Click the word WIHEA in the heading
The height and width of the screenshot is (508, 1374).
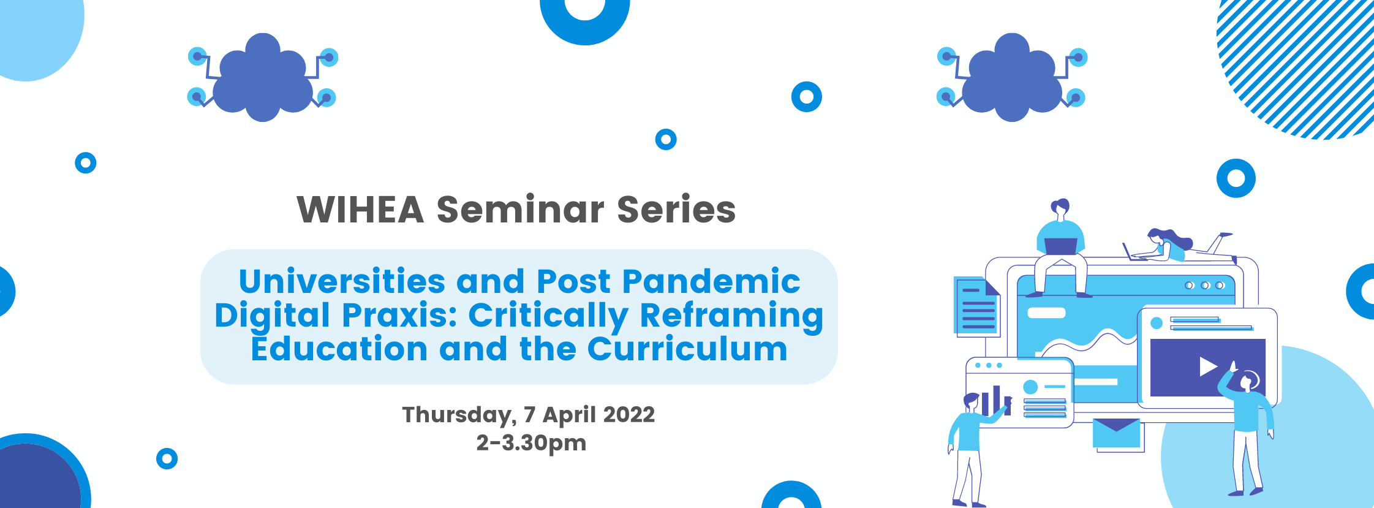tap(360, 210)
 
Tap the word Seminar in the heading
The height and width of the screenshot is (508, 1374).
tap(521, 210)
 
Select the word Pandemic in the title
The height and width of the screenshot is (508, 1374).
tap(711, 281)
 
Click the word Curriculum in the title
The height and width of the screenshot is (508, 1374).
tap(687, 349)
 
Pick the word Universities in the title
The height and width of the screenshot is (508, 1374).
tap(342, 281)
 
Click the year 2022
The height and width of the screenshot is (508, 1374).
tap(628, 414)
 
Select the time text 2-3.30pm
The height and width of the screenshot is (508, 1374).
tap(531, 443)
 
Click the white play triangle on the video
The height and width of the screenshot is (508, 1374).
tap(1207, 366)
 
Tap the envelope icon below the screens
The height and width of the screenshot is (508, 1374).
tap(1117, 433)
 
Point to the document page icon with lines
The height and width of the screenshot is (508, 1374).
tap(977, 306)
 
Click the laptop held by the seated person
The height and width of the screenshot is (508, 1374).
tap(1060, 246)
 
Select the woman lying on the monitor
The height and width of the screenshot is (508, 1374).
tap(1170, 246)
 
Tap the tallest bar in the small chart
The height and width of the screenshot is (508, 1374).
tap(997, 400)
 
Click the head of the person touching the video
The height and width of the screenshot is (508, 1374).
tap(1247, 381)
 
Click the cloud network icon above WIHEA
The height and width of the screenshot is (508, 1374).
tap(263, 77)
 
